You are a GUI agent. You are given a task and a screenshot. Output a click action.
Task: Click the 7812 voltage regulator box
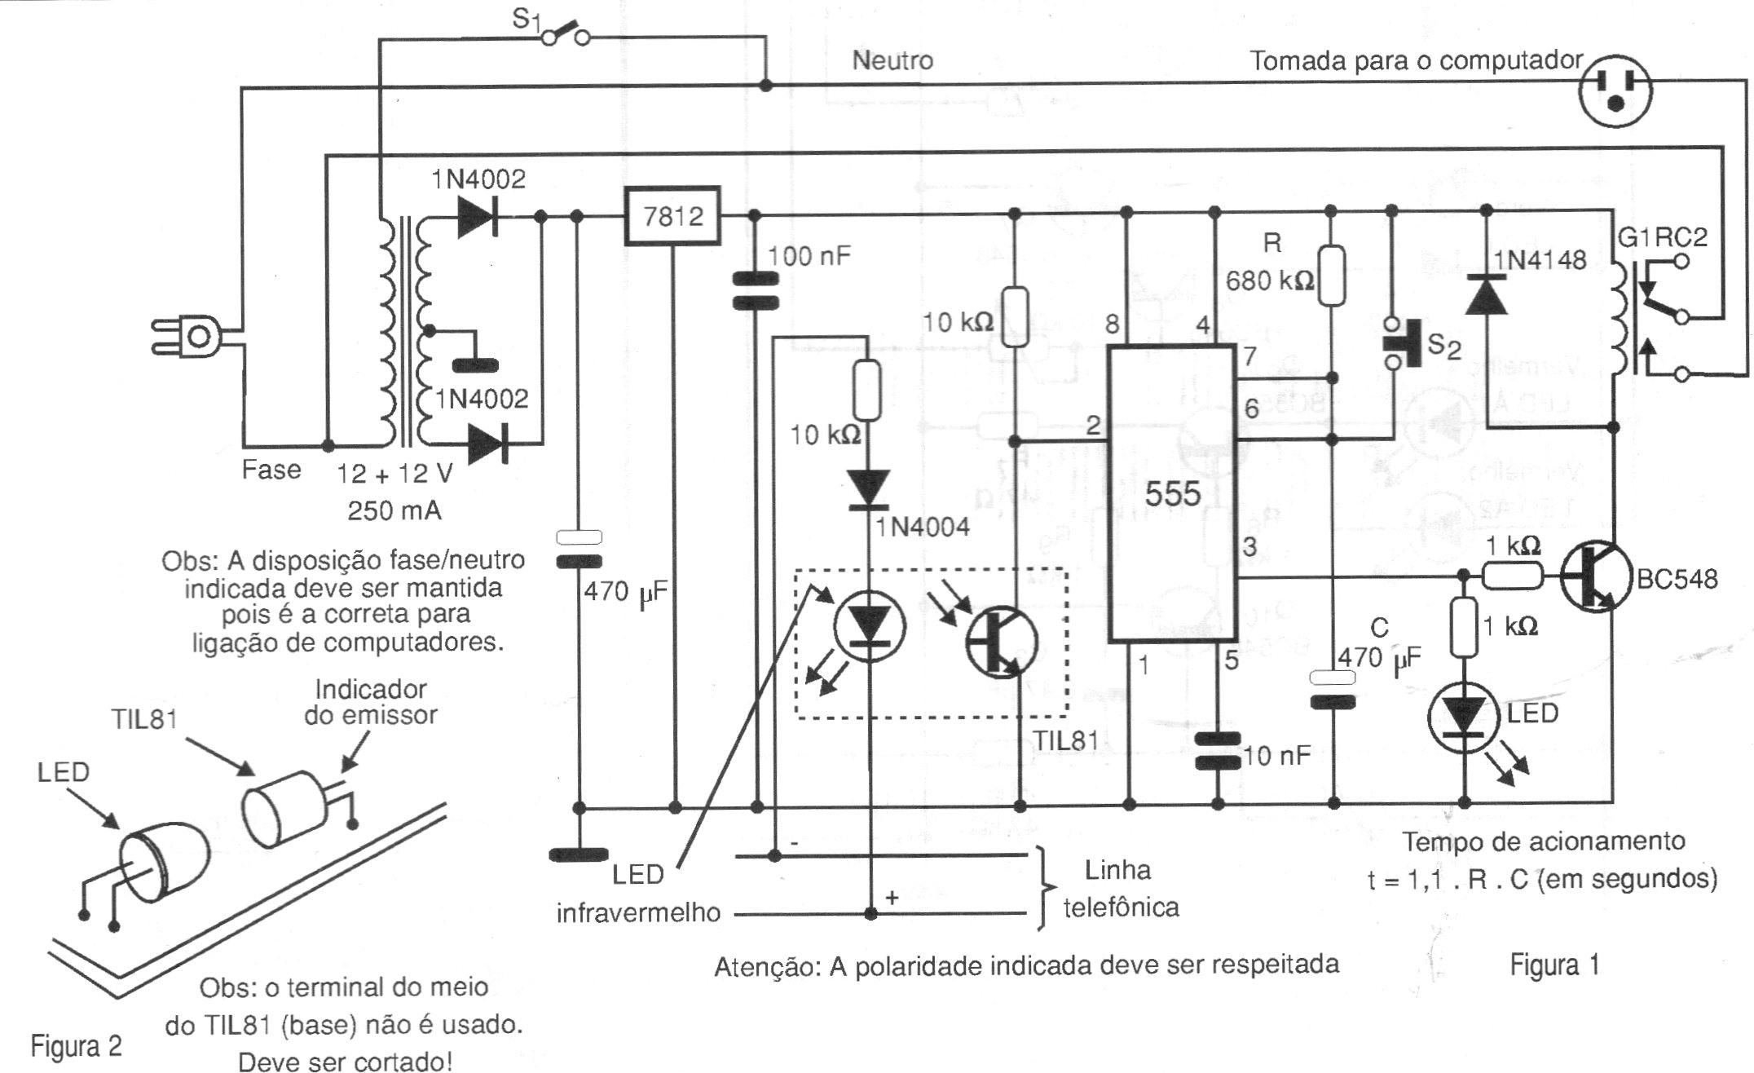672,216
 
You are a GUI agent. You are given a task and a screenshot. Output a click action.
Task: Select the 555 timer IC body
1172,493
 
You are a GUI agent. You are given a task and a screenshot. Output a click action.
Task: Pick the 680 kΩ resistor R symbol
1331,276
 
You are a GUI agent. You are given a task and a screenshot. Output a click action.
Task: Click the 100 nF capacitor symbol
756,291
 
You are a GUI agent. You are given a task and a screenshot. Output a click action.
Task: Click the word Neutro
892,60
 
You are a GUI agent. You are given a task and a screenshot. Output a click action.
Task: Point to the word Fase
271,470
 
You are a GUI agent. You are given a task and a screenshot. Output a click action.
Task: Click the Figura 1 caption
1554,965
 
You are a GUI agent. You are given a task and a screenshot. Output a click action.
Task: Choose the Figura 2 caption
76,1045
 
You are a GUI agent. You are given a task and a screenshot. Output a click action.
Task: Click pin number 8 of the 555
1113,325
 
